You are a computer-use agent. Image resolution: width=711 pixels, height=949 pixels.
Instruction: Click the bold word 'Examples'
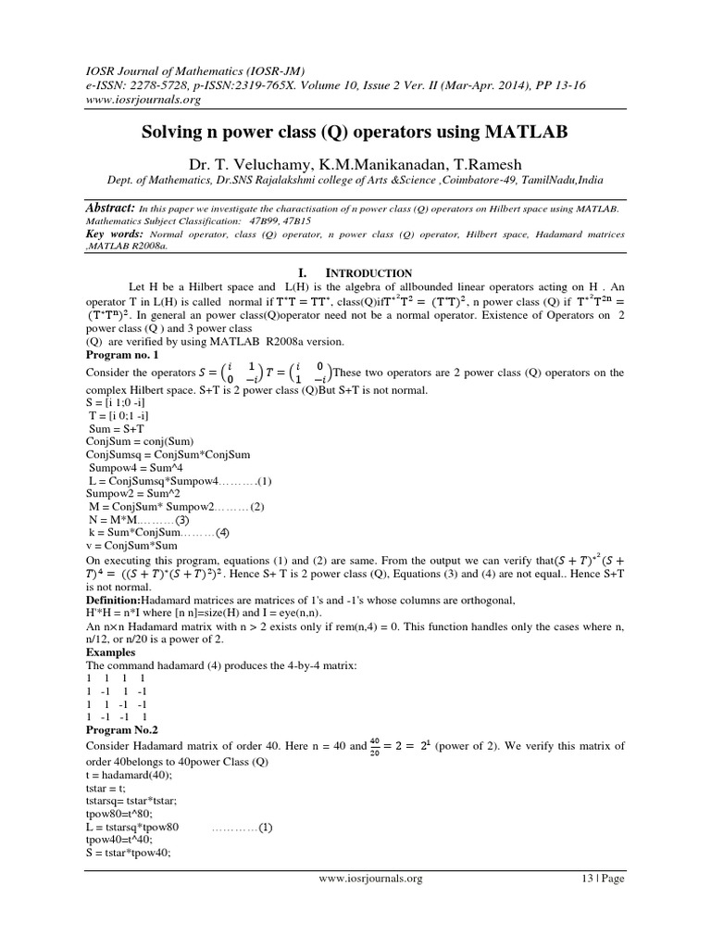[x=112, y=652]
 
